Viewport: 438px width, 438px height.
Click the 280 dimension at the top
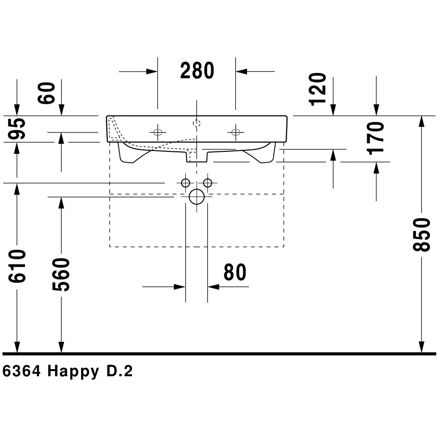click(x=197, y=71)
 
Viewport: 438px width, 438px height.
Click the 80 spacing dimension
click(x=235, y=273)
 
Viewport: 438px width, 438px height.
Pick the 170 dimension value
click(x=377, y=138)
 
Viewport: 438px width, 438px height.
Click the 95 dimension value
click(x=17, y=129)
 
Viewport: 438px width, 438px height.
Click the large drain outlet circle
click(x=197, y=197)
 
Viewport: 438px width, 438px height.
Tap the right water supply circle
click(x=208, y=183)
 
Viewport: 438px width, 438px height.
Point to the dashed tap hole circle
click(x=197, y=124)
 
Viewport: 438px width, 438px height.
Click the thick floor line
click(x=219, y=354)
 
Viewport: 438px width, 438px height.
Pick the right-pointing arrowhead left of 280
click(x=152, y=71)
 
